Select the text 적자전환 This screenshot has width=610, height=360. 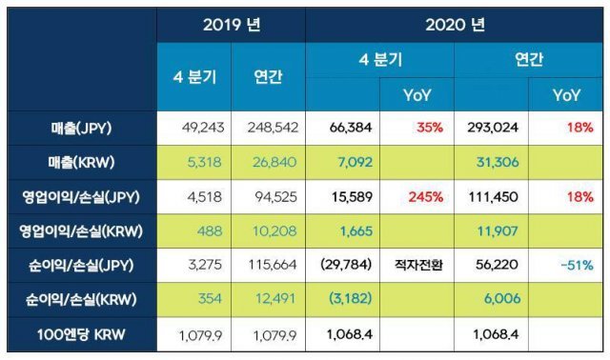pos(415,266)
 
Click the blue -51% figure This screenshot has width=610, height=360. pos(570,266)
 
